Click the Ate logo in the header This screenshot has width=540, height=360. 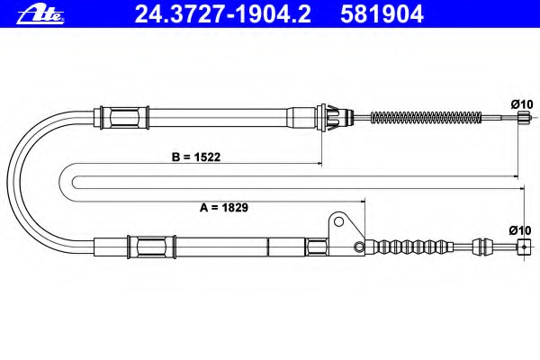point(40,14)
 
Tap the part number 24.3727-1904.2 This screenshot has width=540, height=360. point(223,14)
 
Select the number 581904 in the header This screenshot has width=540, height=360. point(382,14)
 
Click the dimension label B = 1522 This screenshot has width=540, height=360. point(196,157)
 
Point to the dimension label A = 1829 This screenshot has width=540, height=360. point(224,207)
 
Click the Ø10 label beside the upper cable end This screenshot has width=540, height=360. point(522,104)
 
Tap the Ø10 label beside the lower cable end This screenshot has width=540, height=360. point(520,230)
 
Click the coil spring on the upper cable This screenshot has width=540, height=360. point(426,118)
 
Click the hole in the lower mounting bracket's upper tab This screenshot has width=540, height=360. point(339,221)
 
